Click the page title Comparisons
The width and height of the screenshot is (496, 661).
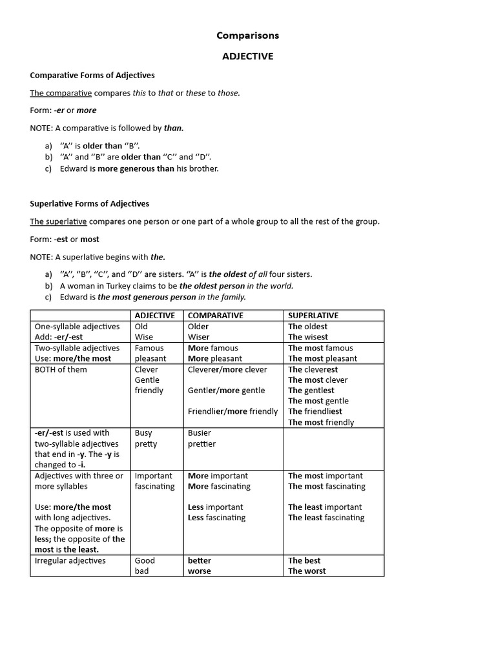[x=247, y=36]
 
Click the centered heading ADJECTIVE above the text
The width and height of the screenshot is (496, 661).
[x=247, y=56]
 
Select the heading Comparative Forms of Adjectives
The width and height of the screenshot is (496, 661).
[x=92, y=76]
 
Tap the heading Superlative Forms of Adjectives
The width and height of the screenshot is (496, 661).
[x=89, y=203]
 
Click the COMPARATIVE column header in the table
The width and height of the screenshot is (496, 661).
[x=215, y=316]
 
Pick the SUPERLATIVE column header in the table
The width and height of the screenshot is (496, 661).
[x=313, y=316]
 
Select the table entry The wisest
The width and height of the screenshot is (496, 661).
[x=308, y=337]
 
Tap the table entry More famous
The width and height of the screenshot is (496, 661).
[x=213, y=348]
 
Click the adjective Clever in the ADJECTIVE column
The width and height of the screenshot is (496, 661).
[x=146, y=369]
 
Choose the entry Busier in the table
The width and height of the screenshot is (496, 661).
[x=200, y=433]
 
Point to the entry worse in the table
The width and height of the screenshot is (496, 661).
[x=200, y=571]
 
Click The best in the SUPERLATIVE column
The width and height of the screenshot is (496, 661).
[x=304, y=560]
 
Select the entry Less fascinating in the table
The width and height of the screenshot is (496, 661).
[x=217, y=518]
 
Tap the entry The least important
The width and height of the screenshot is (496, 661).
[x=325, y=507]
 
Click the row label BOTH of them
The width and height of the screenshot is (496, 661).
[x=61, y=369]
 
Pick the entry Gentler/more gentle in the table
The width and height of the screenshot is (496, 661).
[x=227, y=391]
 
